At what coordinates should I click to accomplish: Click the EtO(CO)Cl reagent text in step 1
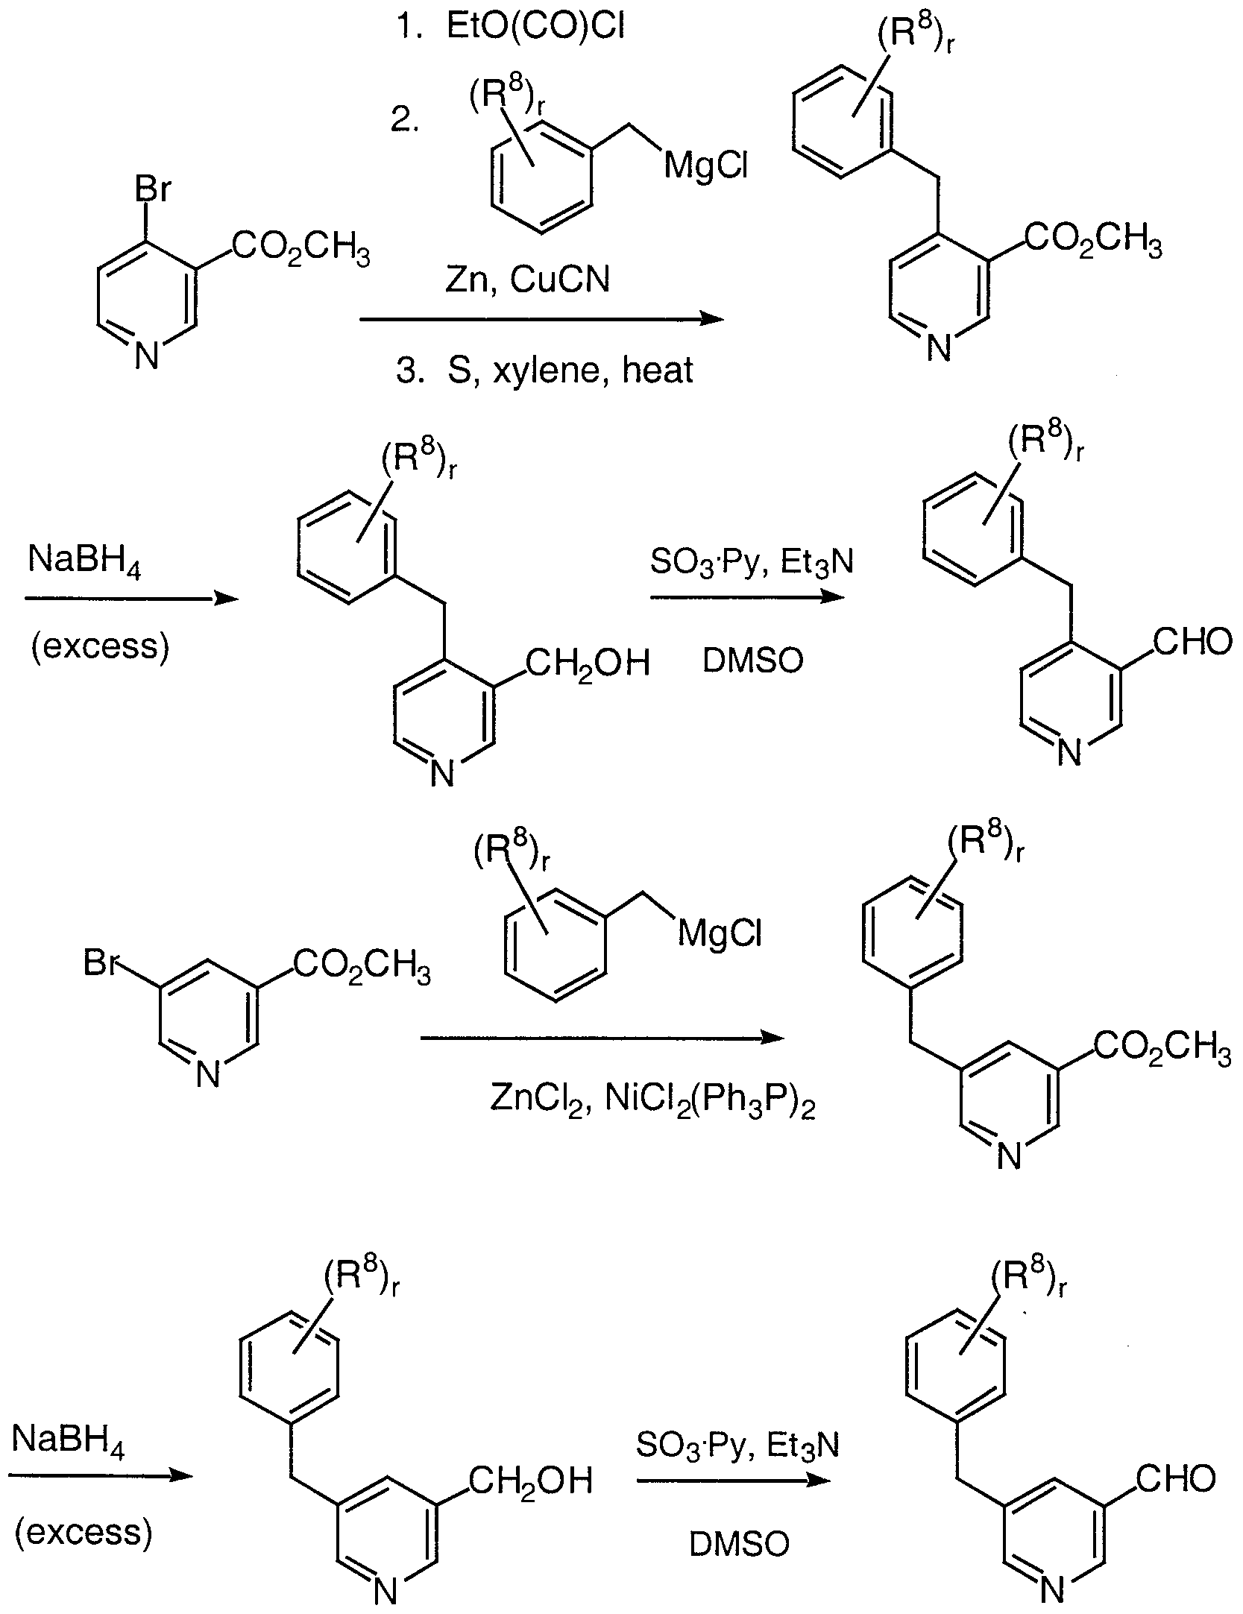(535, 28)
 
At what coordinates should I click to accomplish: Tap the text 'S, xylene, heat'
(570, 370)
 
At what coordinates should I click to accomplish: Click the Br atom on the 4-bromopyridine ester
(152, 190)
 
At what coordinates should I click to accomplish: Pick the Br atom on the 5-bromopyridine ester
(103, 963)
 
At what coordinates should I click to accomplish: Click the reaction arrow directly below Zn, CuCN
(541, 319)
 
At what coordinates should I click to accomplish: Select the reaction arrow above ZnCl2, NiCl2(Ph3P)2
(602, 1038)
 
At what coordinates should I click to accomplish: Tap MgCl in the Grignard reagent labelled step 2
(705, 166)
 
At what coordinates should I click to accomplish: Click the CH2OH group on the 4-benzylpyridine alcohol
(587, 662)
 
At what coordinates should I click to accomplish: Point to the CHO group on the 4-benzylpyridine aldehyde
(1192, 642)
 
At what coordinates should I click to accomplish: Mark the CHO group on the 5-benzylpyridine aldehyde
(1176, 1479)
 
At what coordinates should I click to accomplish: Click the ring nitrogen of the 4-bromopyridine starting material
(147, 357)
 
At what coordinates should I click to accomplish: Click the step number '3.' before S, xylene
(410, 370)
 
